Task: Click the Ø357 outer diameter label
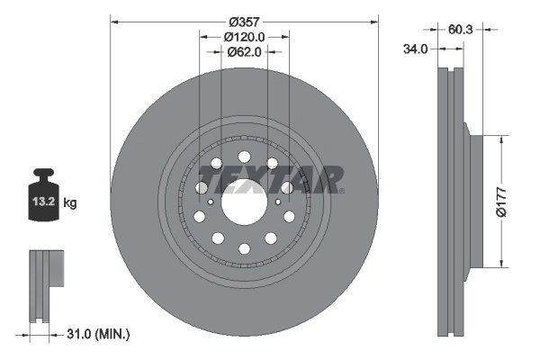[x=244, y=20]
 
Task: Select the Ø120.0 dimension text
[x=244, y=36]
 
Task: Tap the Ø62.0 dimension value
[x=244, y=52]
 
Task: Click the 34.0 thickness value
[x=415, y=50]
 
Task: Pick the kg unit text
[x=70, y=203]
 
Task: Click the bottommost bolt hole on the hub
[x=244, y=249]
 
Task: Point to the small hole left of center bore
[x=210, y=202]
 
